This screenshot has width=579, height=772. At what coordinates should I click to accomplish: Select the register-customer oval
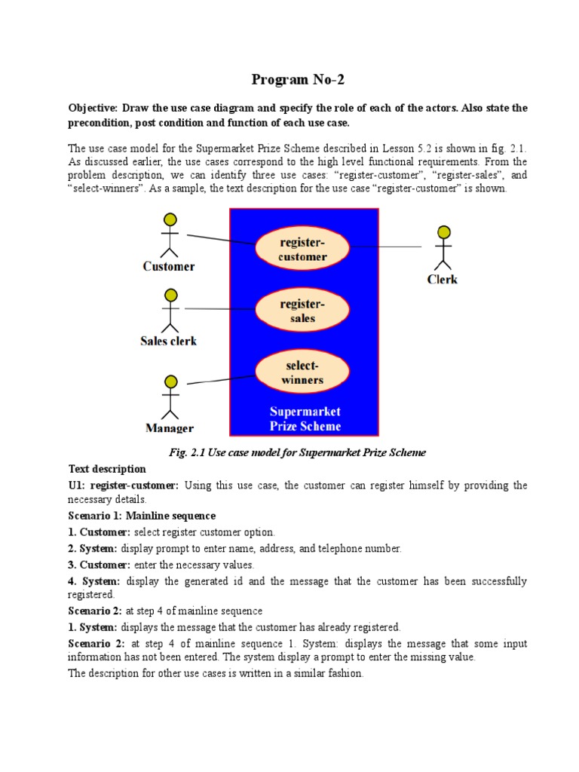click(x=302, y=247)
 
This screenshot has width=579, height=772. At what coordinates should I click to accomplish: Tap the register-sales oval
click(x=302, y=310)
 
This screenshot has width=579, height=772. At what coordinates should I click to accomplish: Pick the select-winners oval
click(x=302, y=372)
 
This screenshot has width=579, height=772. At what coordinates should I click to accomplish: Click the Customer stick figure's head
click(x=170, y=219)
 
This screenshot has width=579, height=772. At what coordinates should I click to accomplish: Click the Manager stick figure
click(x=170, y=397)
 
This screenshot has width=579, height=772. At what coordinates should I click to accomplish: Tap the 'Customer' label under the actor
click(x=169, y=266)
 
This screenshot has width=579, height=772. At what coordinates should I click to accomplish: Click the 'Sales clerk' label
click(x=169, y=341)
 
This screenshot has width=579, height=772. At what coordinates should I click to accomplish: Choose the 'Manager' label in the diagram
click(x=169, y=428)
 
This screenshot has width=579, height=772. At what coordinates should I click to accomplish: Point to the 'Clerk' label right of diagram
click(x=443, y=279)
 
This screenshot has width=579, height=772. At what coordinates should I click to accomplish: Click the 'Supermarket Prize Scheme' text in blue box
click(x=305, y=419)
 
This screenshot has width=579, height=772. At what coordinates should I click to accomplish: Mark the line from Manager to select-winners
click(x=221, y=379)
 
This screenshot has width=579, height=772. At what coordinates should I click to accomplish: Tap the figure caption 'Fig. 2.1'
click(x=298, y=452)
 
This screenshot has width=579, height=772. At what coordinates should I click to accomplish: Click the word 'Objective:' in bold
click(x=93, y=109)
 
